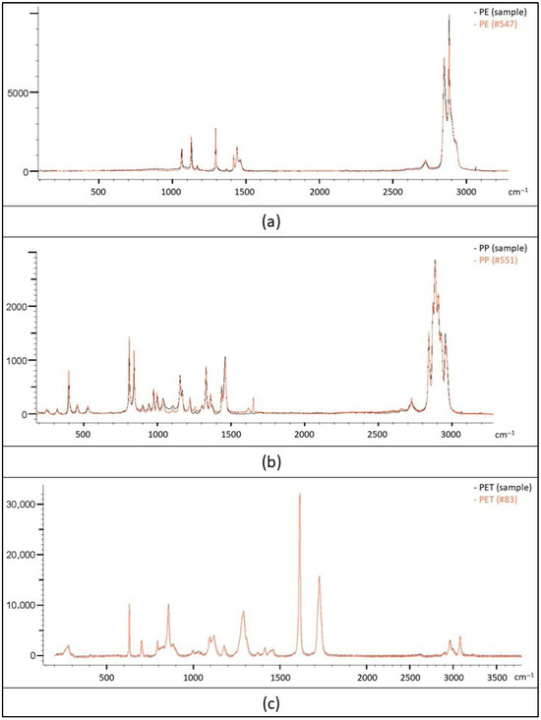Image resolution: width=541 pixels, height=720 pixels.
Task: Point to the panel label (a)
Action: (x=270, y=221)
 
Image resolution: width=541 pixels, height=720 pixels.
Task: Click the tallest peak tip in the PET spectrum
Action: (x=299, y=494)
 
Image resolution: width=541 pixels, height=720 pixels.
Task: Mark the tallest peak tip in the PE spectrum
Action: (x=449, y=16)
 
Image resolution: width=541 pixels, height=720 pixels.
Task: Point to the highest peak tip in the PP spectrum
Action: (x=435, y=261)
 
